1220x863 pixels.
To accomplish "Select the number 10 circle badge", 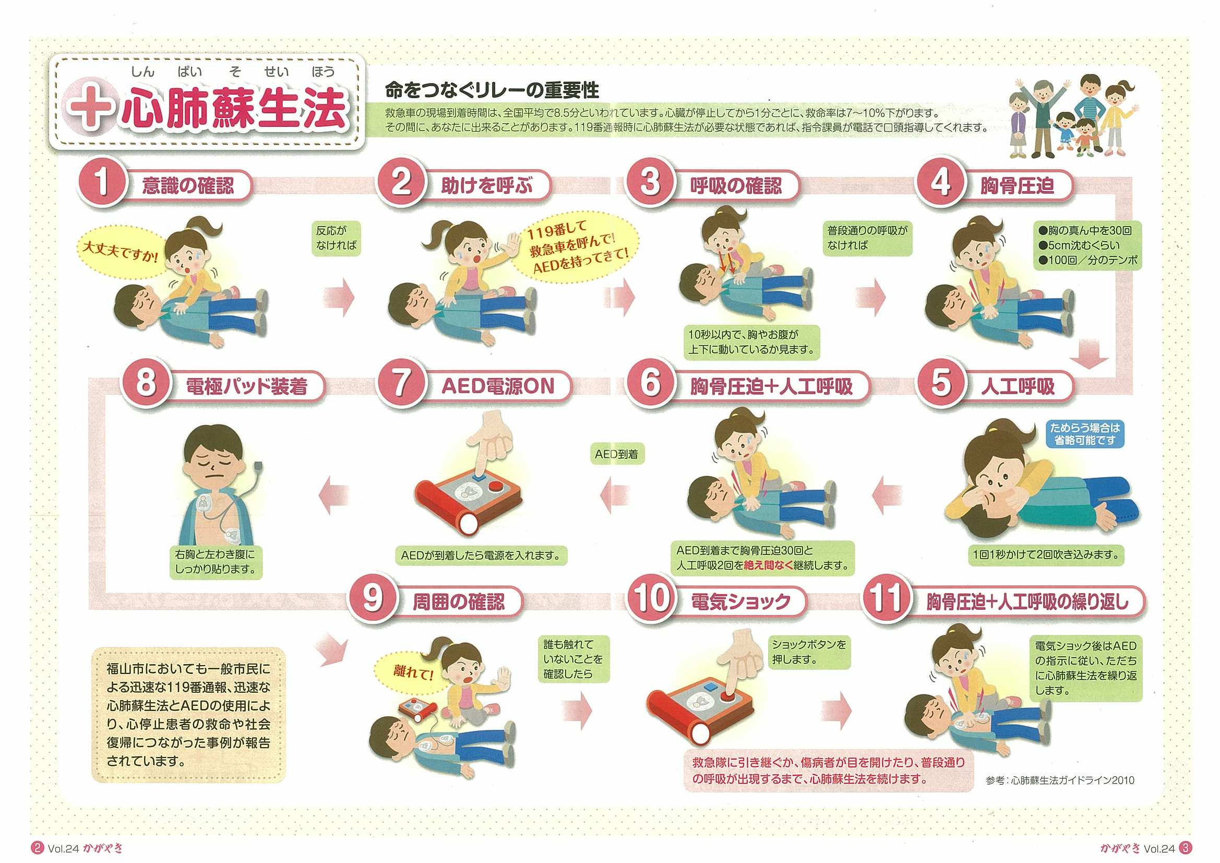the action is pyautogui.click(x=651, y=598).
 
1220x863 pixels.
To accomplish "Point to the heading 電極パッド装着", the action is pyautogui.click(x=246, y=386).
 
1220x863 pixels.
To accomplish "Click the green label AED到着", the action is pyautogui.click(x=616, y=455).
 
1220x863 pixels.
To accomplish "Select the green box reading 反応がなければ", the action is pyautogui.click(x=336, y=238).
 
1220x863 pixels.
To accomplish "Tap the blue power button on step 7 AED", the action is pyautogui.click(x=481, y=478).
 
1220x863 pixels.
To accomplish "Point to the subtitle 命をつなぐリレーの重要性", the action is pyautogui.click(x=492, y=90).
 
